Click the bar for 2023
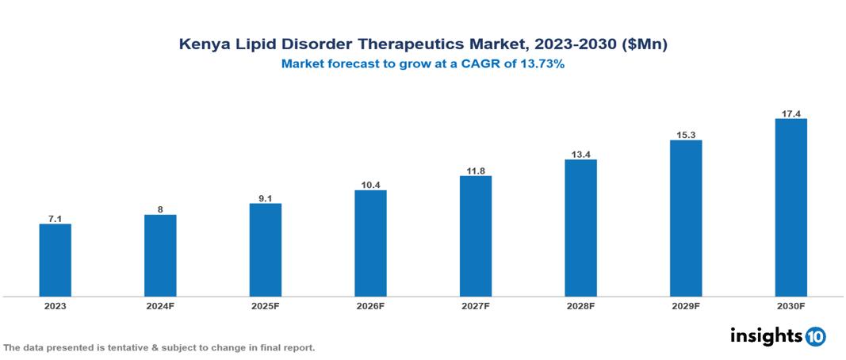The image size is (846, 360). (x=56, y=260)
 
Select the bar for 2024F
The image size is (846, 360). (x=160, y=255)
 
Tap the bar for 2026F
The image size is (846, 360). (x=370, y=243)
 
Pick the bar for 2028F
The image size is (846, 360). (x=580, y=228)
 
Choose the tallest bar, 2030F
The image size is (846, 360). (x=790, y=208)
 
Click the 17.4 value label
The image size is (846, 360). (x=790, y=113)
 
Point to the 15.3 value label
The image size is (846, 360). (x=686, y=135)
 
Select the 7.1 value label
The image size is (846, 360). (x=56, y=218)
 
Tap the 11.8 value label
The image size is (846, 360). (x=476, y=170)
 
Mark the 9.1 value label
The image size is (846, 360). (x=266, y=197)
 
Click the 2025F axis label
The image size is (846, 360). (x=266, y=306)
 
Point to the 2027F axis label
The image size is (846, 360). (x=476, y=306)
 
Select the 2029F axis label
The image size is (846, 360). (x=686, y=306)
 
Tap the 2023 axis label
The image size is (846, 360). (x=56, y=306)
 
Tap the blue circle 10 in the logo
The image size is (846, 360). (x=815, y=336)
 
